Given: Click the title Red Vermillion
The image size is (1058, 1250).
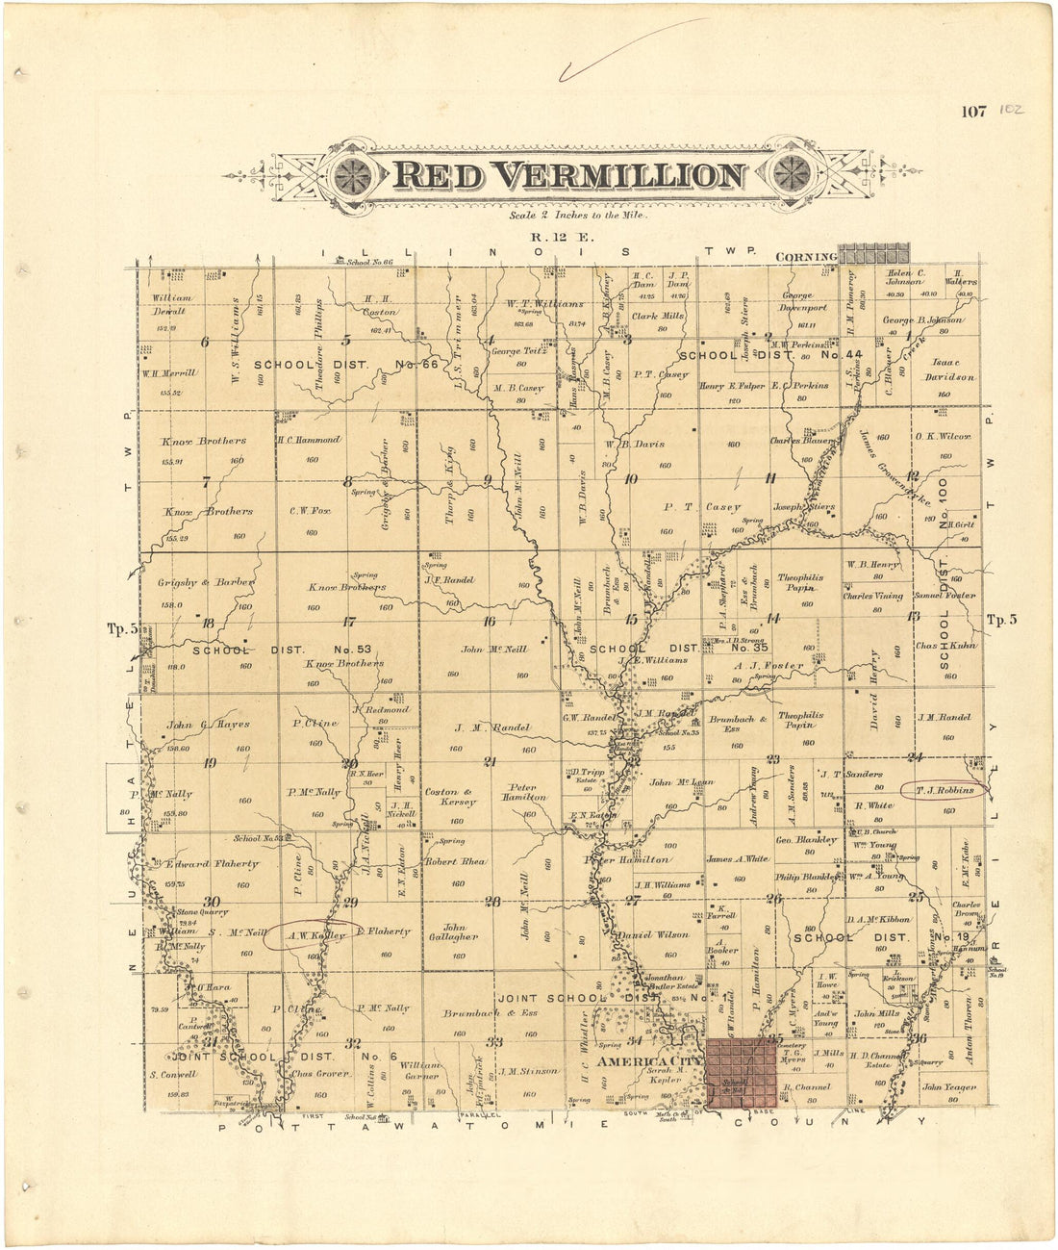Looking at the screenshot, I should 567,176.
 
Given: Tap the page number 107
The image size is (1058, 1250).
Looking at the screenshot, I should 973,112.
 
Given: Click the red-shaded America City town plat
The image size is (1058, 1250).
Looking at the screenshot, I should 741,1074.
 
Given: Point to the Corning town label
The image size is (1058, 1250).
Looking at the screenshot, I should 806,257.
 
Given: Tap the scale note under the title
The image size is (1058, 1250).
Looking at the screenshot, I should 580,216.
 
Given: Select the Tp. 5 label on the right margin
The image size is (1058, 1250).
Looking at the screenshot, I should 1001,620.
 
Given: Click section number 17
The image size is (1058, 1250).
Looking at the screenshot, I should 349,622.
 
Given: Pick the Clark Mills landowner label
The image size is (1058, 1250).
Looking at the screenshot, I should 657,315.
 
